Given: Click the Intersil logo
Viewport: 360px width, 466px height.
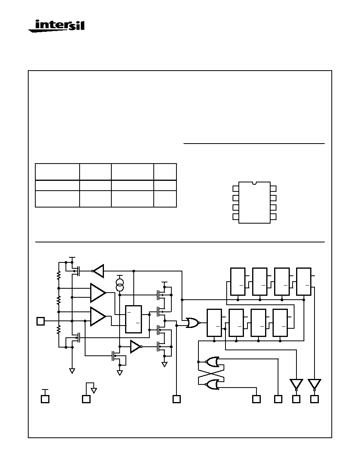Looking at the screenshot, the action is click(56, 25).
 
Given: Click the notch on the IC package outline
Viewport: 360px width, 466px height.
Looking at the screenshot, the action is click(255, 183).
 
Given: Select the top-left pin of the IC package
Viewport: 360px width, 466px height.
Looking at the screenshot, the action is click(236, 189).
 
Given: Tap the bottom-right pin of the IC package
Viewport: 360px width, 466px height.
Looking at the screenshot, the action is click(273, 217).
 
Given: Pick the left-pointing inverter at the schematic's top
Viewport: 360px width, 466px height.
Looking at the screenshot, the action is click(98, 271).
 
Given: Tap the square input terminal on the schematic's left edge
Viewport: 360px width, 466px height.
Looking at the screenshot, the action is click(41, 321).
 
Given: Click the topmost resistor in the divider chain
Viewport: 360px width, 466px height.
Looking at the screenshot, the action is click(58, 275).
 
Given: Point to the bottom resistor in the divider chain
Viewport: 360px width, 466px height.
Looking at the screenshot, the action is click(58, 329).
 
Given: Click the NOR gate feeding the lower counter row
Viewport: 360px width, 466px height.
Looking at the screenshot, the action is click(193, 323).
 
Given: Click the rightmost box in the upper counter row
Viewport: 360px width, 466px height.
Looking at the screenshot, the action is click(304, 281).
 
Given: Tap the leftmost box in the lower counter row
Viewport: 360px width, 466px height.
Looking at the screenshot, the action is click(214, 323).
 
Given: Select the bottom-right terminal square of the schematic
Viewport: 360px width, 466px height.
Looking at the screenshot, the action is click(315, 399).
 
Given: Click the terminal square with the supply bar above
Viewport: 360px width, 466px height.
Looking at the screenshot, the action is click(45, 399).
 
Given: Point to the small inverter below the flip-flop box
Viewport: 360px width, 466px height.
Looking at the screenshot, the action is click(136, 346).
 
